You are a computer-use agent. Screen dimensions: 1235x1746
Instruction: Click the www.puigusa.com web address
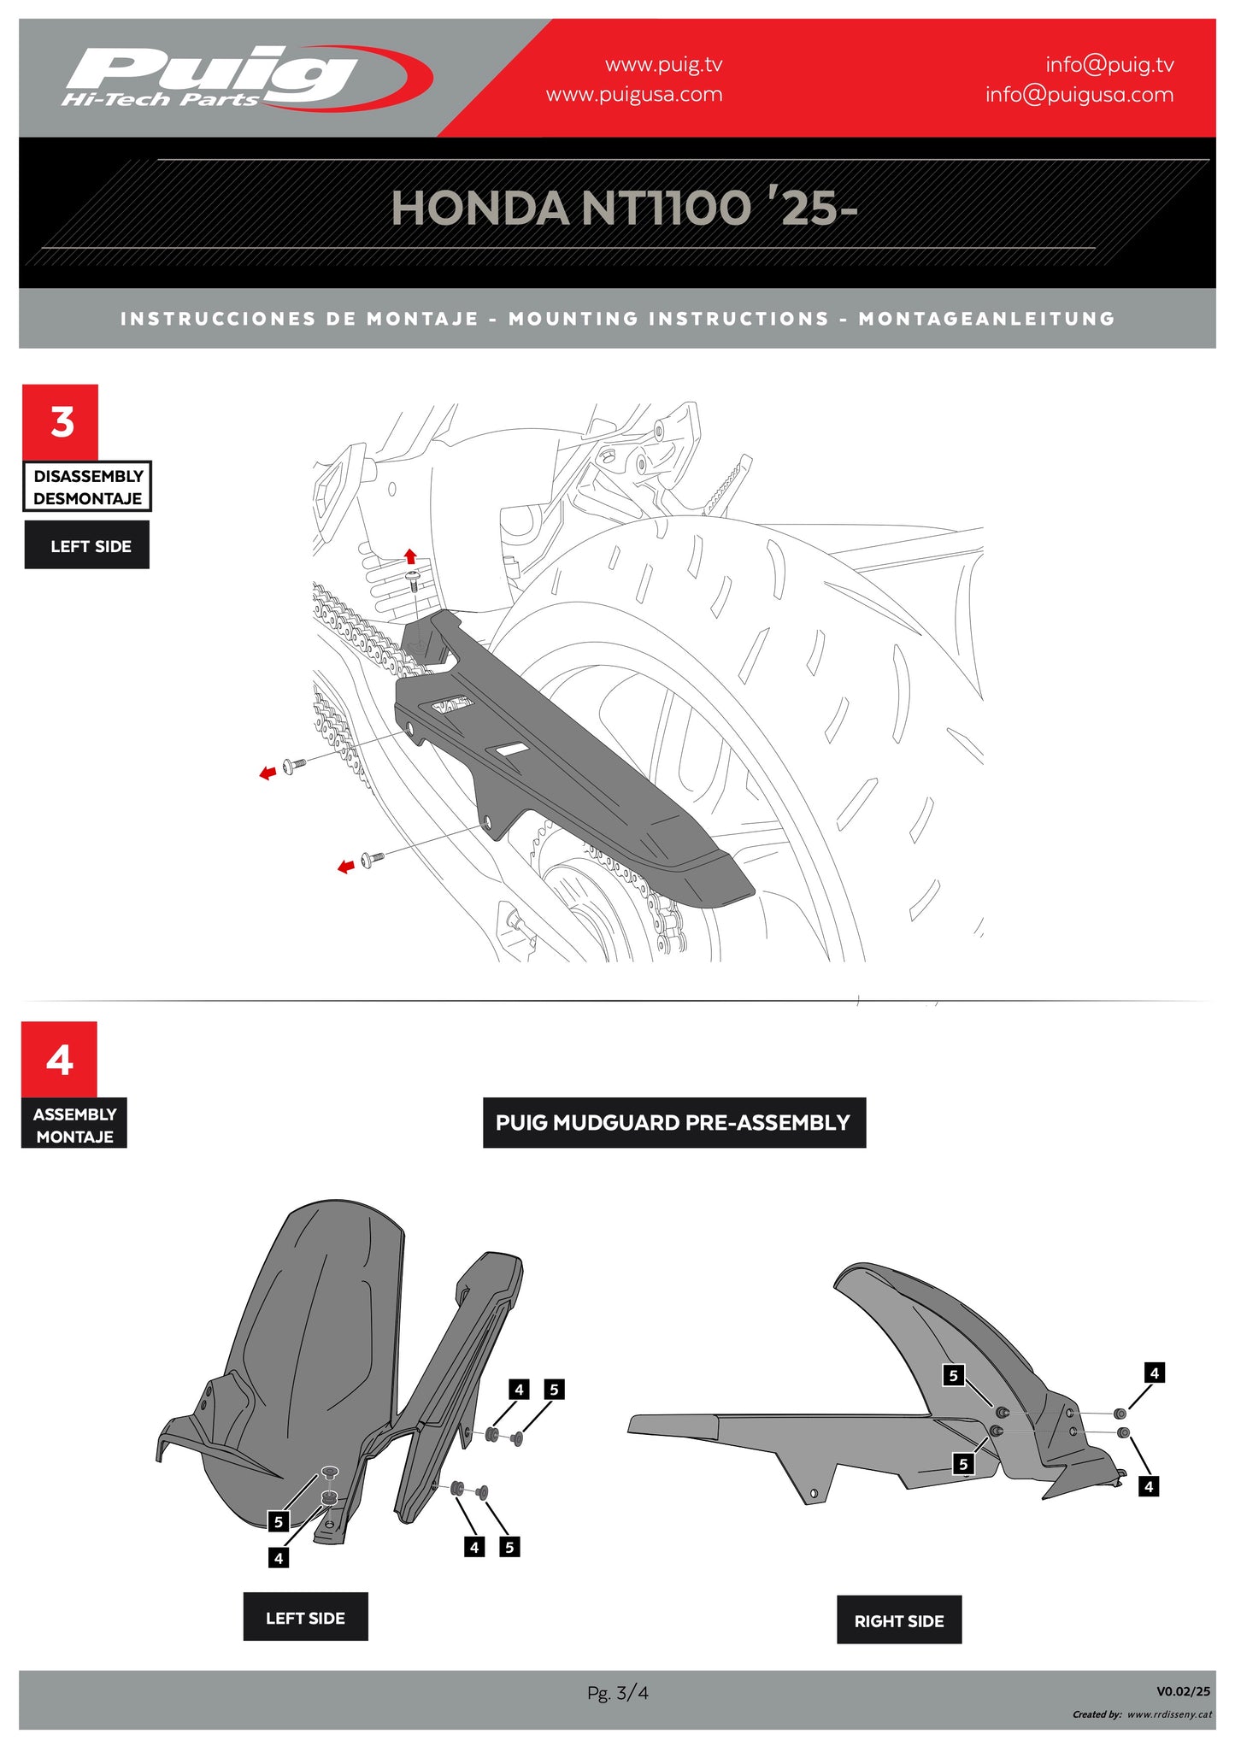point(634,94)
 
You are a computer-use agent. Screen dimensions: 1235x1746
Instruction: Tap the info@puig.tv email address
point(1109,65)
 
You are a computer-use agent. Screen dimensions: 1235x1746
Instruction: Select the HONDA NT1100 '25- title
point(624,208)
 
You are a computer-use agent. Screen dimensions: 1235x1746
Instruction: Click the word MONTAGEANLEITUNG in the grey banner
point(987,319)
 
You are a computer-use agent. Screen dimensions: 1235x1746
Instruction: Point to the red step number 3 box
point(61,422)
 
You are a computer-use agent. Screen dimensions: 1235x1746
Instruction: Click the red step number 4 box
point(59,1060)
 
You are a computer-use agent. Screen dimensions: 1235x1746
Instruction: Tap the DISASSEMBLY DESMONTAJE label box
point(87,487)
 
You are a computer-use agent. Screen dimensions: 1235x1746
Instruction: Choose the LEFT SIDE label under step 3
point(87,545)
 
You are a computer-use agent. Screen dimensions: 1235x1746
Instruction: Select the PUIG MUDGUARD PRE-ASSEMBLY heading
point(674,1123)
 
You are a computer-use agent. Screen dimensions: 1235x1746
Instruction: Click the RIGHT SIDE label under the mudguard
point(899,1620)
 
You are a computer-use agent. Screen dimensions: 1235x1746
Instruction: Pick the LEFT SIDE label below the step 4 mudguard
point(305,1617)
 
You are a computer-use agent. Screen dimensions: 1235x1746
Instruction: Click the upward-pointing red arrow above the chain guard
point(410,556)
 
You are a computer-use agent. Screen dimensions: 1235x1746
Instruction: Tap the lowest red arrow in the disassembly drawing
point(346,867)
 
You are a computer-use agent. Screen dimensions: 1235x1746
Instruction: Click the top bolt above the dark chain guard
point(412,581)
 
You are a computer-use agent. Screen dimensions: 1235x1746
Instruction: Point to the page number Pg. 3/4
point(617,1692)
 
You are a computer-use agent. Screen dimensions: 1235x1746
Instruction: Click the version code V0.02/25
point(1184,1690)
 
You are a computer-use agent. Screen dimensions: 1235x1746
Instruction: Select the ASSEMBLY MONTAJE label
point(74,1125)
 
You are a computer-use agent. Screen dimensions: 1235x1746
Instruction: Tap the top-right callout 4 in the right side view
point(1155,1373)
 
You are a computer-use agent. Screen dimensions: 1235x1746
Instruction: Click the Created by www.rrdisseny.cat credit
point(1142,1714)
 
